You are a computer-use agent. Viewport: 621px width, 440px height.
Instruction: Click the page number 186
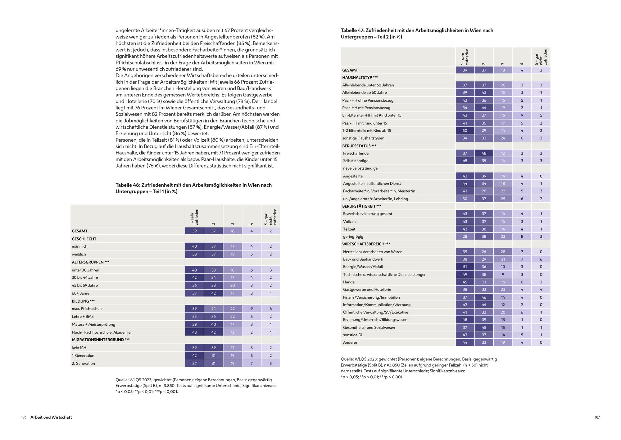pos(24,417)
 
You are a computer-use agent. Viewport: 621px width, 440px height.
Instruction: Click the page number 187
pos(597,417)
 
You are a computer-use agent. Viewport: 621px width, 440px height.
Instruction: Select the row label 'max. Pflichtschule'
pos(87,309)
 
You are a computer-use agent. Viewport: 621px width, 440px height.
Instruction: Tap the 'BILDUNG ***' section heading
pos(83,301)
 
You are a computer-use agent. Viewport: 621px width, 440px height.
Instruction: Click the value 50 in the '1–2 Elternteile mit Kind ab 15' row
pos(465,131)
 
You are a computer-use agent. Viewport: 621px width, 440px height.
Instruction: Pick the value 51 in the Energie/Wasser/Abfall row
pos(465,267)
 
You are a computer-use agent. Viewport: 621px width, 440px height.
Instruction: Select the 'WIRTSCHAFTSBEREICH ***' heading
pos(366,244)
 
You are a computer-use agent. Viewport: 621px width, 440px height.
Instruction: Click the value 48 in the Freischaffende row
pos(484,153)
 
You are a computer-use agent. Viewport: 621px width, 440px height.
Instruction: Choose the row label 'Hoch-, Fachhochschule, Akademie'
pos(101,332)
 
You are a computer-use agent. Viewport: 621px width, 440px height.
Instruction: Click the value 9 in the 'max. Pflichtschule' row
pos(252,309)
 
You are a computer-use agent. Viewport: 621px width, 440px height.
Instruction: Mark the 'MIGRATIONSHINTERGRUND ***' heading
pos(101,340)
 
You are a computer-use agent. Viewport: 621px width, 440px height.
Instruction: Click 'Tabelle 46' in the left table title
pos(128,185)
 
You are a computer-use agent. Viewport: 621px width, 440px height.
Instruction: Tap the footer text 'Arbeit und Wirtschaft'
pos(51,417)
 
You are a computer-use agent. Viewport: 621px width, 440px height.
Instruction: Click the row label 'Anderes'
pos(350,342)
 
